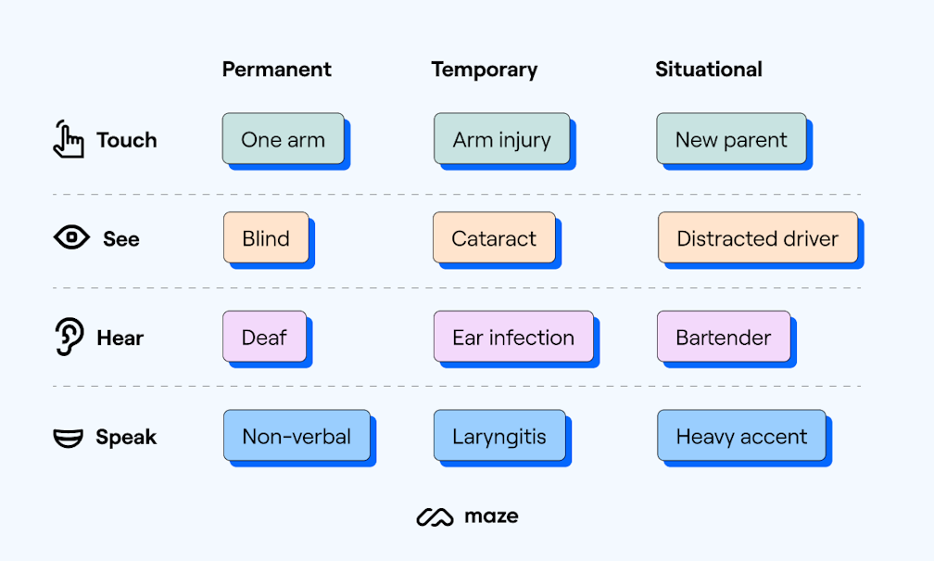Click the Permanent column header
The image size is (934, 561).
click(x=276, y=70)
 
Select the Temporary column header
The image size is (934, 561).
click(x=484, y=70)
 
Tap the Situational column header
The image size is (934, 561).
click(x=708, y=70)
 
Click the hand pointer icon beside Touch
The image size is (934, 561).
click(x=68, y=139)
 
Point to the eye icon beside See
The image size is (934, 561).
click(x=71, y=238)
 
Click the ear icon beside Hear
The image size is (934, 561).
click(x=69, y=337)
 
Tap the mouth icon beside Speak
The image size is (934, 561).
click(x=69, y=437)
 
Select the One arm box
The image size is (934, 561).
click(x=283, y=139)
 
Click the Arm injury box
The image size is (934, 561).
click(x=501, y=139)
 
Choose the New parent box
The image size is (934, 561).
click(x=731, y=139)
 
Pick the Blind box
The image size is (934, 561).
click(x=266, y=238)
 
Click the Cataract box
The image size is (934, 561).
click(x=494, y=238)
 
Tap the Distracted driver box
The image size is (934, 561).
click(x=757, y=238)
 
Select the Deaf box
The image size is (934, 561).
click(x=264, y=337)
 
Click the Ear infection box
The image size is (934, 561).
click(x=513, y=337)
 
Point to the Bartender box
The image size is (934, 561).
click(x=723, y=337)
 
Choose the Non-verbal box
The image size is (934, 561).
click(x=297, y=436)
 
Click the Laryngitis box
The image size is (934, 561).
click(x=499, y=436)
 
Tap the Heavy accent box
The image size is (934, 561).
click(x=741, y=436)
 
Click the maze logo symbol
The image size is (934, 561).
click(x=435, y=516)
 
